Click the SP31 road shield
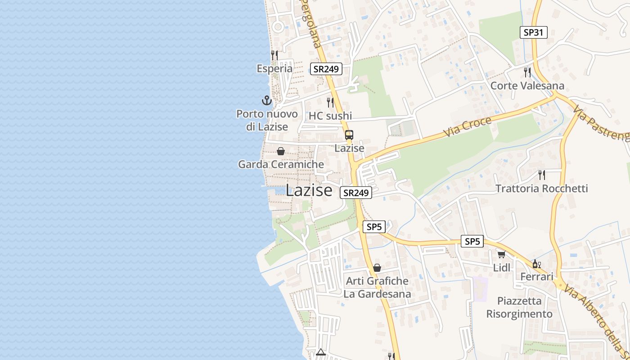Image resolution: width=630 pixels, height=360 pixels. [534, 32]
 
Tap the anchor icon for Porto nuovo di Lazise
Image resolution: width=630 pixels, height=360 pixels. [267, 100]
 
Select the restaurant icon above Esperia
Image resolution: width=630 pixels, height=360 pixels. [274, 55]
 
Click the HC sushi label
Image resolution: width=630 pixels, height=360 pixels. [330, 116]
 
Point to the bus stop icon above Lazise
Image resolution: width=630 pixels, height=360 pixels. [349, 135]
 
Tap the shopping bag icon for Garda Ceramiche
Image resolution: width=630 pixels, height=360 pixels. [281, 151]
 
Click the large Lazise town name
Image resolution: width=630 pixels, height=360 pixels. [309, 190]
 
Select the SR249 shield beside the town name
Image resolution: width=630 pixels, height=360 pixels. [355, 193]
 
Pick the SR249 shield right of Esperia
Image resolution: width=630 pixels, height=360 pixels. [326, 69]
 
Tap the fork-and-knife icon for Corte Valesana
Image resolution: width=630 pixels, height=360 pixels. [527, 72]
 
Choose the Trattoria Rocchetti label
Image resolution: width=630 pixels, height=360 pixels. [542, 188]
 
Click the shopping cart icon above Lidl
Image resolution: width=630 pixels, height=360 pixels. [501, 254]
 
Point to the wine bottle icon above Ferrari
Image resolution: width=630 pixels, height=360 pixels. [536, 264]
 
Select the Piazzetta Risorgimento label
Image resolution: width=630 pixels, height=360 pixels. [519, 307]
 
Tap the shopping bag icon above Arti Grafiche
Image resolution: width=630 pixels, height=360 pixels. [377, 268]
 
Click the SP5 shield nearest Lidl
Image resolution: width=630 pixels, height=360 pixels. [472, 242]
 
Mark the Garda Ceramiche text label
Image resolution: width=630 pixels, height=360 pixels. [281, 164]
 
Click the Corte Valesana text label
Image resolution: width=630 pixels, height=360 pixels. [527, 85]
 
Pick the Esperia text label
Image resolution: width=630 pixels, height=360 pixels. [274, 68]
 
